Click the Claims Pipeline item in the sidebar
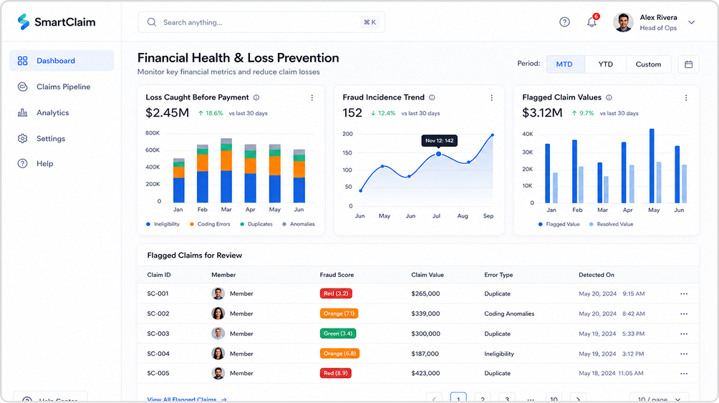tap(54, 87)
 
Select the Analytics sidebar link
tap(43, 113)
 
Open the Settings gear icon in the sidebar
tap(22, 138)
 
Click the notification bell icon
tap(592, 22)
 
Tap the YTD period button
tap(605, 64)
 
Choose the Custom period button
tap(648, 64)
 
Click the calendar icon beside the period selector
tap(688, 64)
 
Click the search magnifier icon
tap(152, 22)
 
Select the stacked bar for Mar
tap(226, 170)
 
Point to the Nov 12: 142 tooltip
tap(439, 141)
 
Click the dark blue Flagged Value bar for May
tap(652, 166)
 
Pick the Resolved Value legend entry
tap(611, 224)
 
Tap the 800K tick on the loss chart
tap(153, 133)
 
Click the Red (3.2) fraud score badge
tap(336, 293)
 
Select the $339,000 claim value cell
tap(425, 314)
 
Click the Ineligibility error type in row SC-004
tap(499, 354)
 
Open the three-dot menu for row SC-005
tap(684, 373)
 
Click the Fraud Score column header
tap(337, 275)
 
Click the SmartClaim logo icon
tap(24, 21)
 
